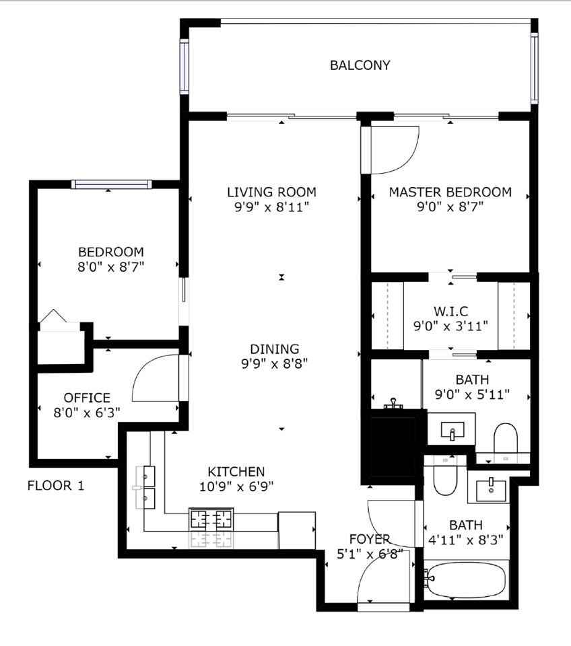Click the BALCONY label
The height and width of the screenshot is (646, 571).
pyautogui.click(x=360, y=65)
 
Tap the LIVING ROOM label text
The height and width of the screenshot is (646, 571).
pyautogui.click(x=271, y=192)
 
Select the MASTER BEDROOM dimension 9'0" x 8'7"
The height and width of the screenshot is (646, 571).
pyautogui.click(x=450, y=207)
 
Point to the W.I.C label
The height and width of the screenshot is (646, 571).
pyautogui.click(x=450, y=311)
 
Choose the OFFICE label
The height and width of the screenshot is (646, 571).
pyautogui.click(x=87, y=398)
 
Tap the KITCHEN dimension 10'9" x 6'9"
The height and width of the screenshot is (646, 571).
pyautogui.click(x=236, y=487)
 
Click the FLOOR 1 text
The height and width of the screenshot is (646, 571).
pyautogui.click(x=56, y=486)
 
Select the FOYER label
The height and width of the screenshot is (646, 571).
pyautogui.click(x=370, y=539)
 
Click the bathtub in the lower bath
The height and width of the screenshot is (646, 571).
pyautogui.click(x=466, y=581)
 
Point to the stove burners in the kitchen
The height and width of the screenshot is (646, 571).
pyautogui.click(x=211, y=519)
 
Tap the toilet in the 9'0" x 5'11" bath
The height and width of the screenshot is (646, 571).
pyautogui.click(x=506, y=437)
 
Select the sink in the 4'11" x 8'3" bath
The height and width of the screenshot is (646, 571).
pyautogui.click(x=491, y=491)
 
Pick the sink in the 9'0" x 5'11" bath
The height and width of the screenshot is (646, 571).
pyautogui.click(x=452, y=430)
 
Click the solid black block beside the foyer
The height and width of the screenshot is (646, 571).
pyautogui.click(x=393, y=447)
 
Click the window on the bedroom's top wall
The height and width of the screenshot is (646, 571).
pyautogui.click(x=111, y=184)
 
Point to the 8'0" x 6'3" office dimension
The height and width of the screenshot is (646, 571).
pyautogui.click(x=87, y=412)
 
